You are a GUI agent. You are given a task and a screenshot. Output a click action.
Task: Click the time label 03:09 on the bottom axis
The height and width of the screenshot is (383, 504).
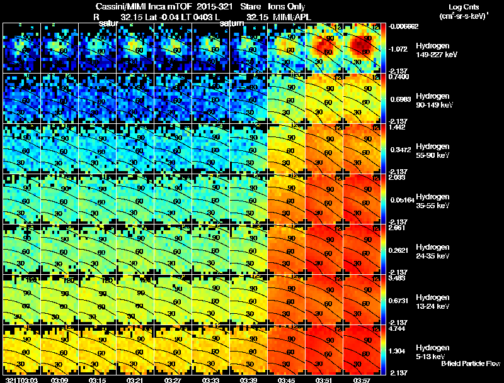[x=59, y=380]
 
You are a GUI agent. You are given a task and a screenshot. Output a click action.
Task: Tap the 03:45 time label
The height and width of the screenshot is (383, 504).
[x=286, y=380]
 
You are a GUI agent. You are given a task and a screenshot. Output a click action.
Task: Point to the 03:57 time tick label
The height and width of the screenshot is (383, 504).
[x=362, y=380]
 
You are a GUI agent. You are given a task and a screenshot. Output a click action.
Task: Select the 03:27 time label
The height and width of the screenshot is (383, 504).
[x=173, y=380]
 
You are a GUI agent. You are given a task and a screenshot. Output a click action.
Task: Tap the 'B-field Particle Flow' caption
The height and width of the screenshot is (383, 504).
[x=470, y=364]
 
